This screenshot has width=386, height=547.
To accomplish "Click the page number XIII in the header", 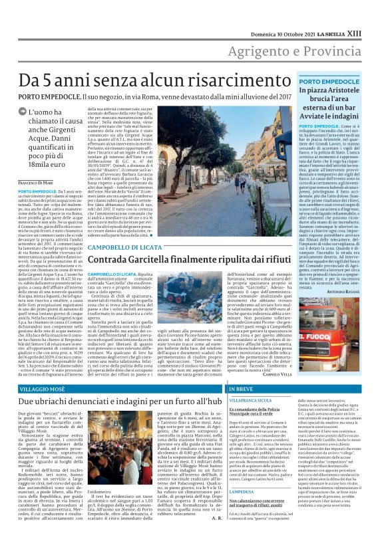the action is point(371,13).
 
